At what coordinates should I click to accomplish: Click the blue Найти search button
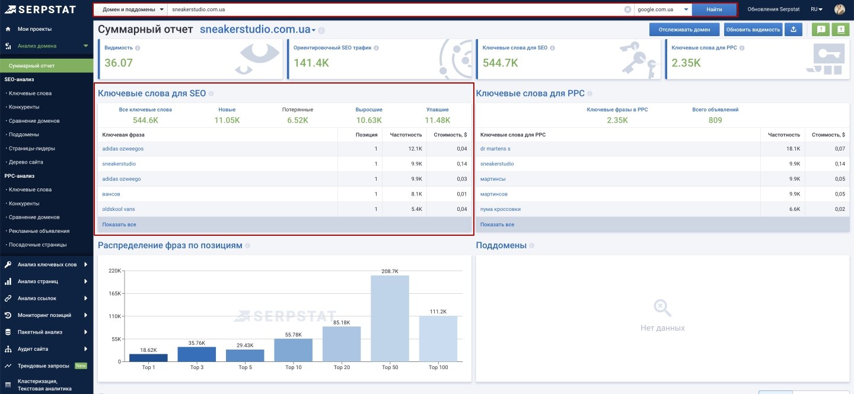(x=713, y=9)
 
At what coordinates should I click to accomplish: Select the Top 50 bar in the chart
(x=390, y=318)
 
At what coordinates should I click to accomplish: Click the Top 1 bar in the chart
(x=148, y=357)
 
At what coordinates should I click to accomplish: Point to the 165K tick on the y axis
(x=115, y=293)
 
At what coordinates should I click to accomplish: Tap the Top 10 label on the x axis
(x=293, y=367)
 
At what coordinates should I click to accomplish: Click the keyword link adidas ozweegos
(x=123, y=149)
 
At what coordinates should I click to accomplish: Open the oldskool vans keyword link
(x=118, y=209)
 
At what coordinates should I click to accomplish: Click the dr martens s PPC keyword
(x=495, y=149)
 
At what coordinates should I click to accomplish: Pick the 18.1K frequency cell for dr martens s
(x=793, y=149)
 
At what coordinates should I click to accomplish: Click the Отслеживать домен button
(x=684, y=30)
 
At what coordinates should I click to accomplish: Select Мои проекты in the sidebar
(x=34, y=29)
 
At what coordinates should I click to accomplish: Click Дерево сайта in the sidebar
(x=26, y=162)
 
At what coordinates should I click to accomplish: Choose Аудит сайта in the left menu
(x=33, y=348)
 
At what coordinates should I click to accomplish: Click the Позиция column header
(x=367, y=134)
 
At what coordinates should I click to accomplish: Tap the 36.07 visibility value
(x=119, y=63)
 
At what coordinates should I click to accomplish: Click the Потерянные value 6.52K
(x=297, y=120)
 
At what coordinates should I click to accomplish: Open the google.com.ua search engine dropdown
(x=662, y=9)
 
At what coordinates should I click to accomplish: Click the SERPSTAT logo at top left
(x=41, y=9)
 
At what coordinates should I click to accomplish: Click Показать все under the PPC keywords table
(x=497, y=225)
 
